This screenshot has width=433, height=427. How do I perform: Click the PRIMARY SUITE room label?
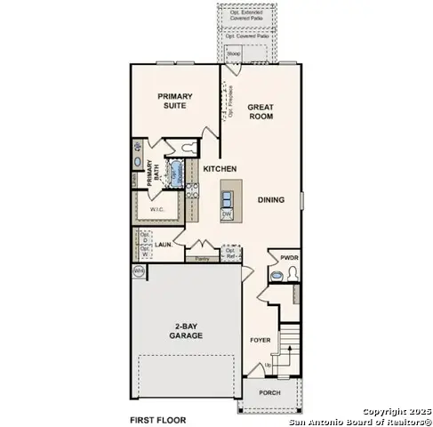click(175, 101)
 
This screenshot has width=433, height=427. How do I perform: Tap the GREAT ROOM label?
click(261, 112)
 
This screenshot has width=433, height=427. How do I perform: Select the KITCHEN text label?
click(220, 168)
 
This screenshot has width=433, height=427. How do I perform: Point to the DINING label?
click(271, 200)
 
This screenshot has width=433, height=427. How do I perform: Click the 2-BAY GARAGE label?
click(187, 332)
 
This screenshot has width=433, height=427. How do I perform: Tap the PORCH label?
click(269, 392)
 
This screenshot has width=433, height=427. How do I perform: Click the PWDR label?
click(289, 257)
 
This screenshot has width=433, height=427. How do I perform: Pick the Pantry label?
click(203, 259)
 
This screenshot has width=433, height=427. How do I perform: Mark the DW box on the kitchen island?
click(228, 214)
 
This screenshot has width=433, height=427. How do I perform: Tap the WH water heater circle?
click(139, 270)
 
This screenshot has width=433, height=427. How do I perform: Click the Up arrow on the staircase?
click(269, 365)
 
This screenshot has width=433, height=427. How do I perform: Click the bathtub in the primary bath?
click(177, 170)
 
